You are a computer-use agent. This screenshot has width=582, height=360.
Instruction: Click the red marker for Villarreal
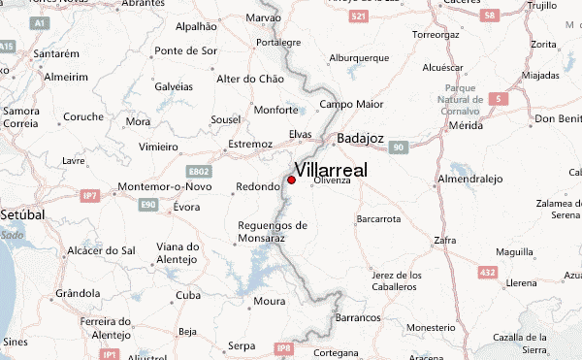coord(291,180)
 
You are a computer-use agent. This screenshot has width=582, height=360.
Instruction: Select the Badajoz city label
coord(361,139)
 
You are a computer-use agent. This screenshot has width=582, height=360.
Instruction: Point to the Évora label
coord(186,207)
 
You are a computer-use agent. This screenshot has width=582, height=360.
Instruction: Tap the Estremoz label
coord(249,145)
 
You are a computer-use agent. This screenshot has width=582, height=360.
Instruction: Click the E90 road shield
coord(148,205)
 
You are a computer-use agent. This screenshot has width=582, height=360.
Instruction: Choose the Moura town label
coord(268,301)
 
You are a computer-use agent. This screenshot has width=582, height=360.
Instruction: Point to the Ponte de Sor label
coord(184,50)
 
